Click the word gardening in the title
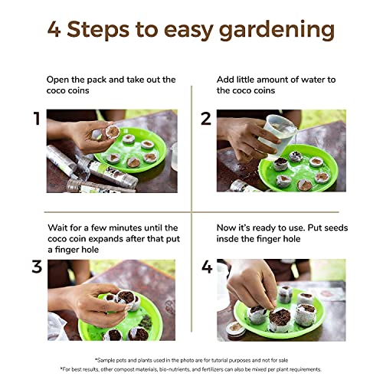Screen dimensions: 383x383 point(277,31)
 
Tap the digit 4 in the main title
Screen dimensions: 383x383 point(54,29)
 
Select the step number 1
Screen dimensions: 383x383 point(38,119)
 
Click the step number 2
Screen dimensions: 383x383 point(206,119)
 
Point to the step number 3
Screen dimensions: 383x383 point(37,267)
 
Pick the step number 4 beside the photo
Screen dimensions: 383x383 point(207,267)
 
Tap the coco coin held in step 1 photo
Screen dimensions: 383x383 point(113,131)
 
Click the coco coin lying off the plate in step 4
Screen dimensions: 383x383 point(235,328)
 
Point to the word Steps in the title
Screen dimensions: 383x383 point(98,30)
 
